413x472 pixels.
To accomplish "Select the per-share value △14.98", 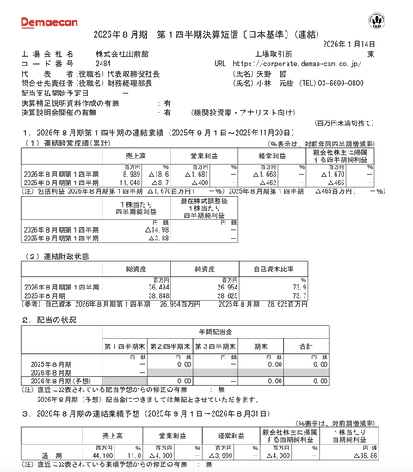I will pos(133,229).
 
